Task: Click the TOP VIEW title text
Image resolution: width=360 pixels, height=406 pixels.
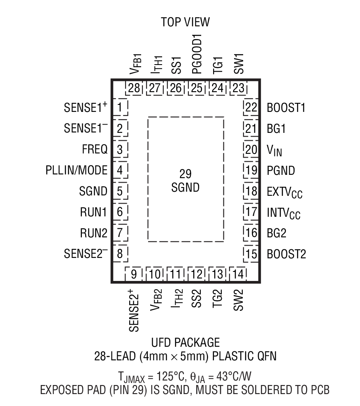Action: pos(185,22)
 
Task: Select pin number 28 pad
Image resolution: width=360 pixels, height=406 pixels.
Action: pos(134,88)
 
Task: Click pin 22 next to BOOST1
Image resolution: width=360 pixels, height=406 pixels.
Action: pos(251,108)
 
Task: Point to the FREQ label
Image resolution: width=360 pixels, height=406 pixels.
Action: pos(95,149)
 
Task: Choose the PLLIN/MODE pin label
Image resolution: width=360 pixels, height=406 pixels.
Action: pos(77,170)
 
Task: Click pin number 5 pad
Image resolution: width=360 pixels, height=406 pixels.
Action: pos(120,191)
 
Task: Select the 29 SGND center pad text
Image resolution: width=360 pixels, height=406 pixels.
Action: pos(186,180)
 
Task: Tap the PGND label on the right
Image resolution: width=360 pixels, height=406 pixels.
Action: pos(281,170)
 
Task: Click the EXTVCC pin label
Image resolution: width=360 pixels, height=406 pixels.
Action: pos(284,192)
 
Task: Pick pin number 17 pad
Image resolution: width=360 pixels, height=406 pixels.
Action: pos(251,212)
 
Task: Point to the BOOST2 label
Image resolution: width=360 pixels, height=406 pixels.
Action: pos(286,254)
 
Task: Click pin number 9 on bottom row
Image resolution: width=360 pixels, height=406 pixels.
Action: pos(134,274)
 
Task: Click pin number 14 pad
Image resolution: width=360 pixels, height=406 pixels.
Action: pos(237,274)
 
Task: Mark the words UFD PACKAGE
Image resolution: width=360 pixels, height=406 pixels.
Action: pos(185,342)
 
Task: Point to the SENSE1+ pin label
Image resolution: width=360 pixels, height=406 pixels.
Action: pos(85,108)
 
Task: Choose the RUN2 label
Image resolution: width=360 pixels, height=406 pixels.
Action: pos(93,233)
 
